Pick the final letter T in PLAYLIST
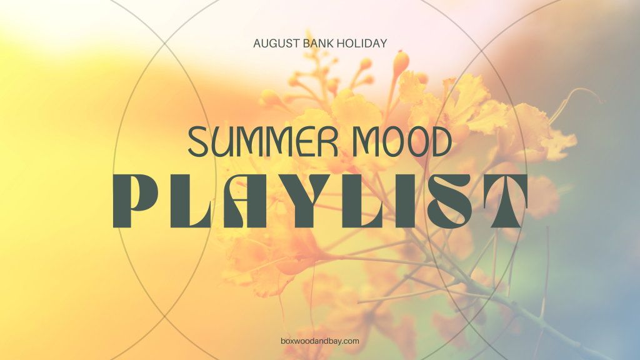(503, 201)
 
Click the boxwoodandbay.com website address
(320, 341)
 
